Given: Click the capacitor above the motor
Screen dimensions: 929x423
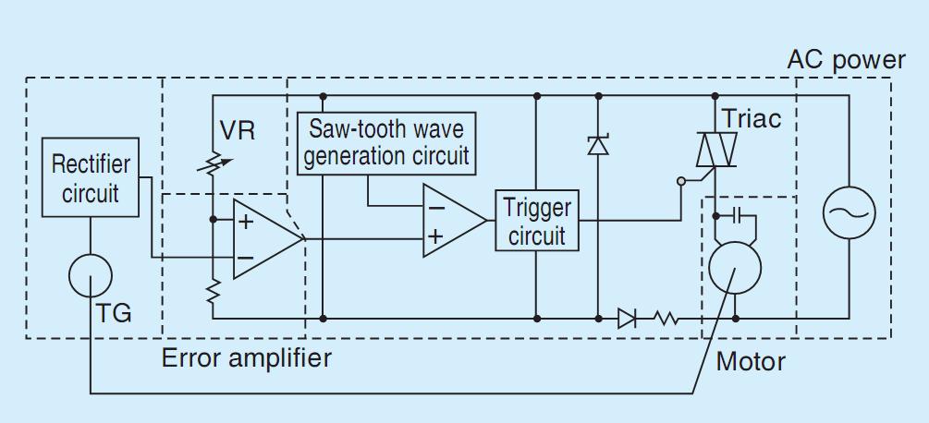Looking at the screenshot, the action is point(736,216).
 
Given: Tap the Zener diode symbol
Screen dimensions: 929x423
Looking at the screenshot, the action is point(598,145).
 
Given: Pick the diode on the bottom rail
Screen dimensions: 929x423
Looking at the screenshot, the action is point(626,319).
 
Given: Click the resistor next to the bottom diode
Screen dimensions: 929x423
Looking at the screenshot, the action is point(666,319).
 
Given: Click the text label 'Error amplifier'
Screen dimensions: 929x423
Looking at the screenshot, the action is point(247,358).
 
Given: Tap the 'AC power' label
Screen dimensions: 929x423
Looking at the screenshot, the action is point(847,61).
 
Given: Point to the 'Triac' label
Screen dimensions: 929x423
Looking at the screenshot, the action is point(751,119).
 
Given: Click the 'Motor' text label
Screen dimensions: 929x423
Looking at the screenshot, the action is point(751,361).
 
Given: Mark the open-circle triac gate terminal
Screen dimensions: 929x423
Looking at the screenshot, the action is point(680,181).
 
